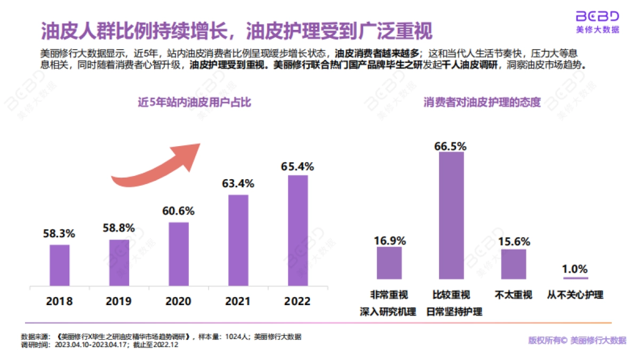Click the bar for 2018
tap(59, 265)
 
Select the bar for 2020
tap(179, 253)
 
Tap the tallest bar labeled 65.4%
tap(298, 230)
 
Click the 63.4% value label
tap(238, 184)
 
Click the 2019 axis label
tap(118, 301)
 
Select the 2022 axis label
tap(298, 301)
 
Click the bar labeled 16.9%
tap(389, 263)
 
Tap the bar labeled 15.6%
tap(514, 264)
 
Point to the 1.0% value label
tap(574, 268)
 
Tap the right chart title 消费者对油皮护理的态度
tap(482, 102)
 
